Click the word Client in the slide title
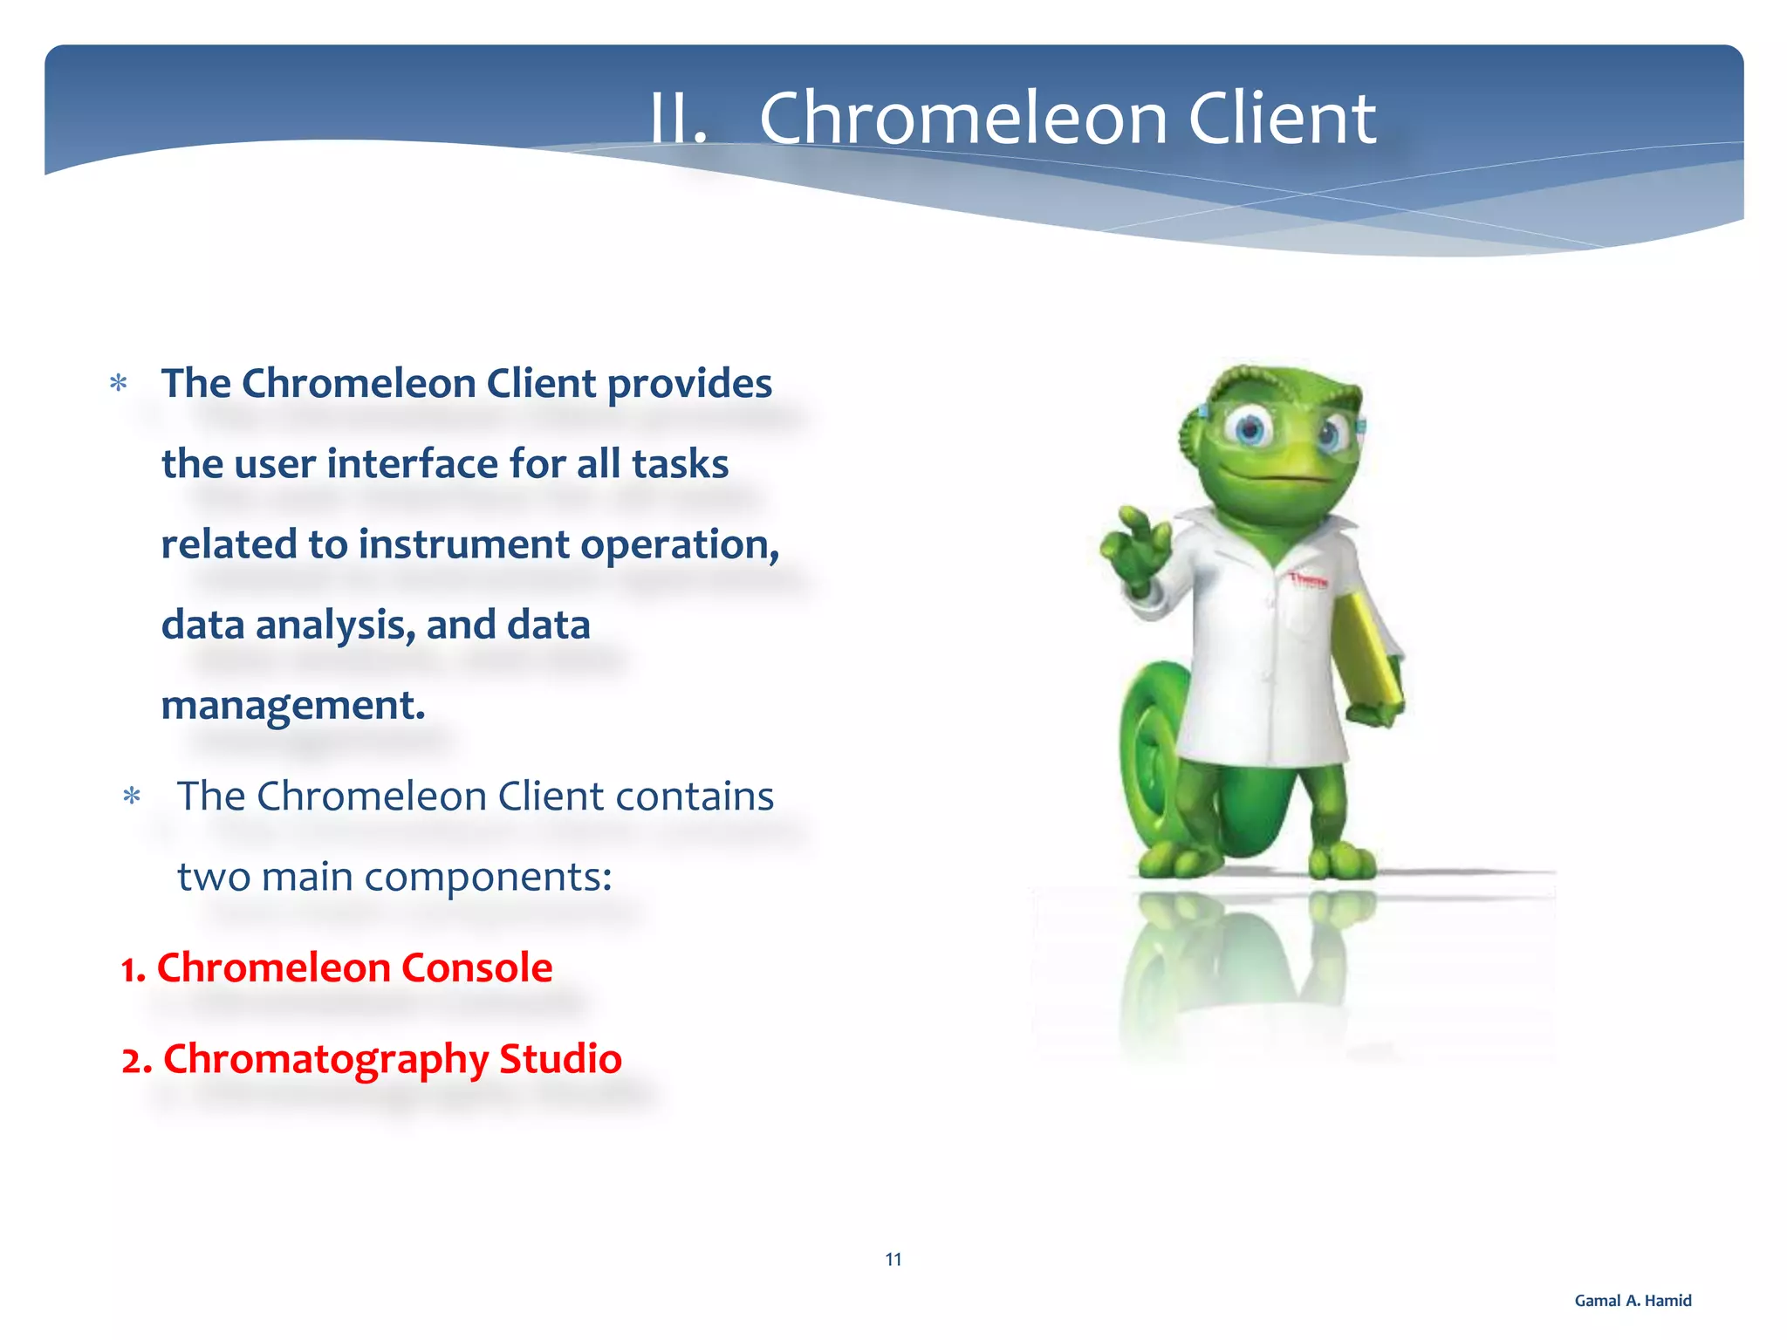point(1281,119)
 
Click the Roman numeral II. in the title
point(678,120)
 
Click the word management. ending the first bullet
point(293,706)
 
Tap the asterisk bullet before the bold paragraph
point(119,384)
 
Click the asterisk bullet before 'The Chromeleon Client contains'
point(132,796)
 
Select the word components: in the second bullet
point(488,877)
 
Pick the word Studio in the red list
point(559,1058)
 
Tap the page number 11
point(893,1259)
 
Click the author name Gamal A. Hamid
point(1632,1301)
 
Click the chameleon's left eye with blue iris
point(1250,428)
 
